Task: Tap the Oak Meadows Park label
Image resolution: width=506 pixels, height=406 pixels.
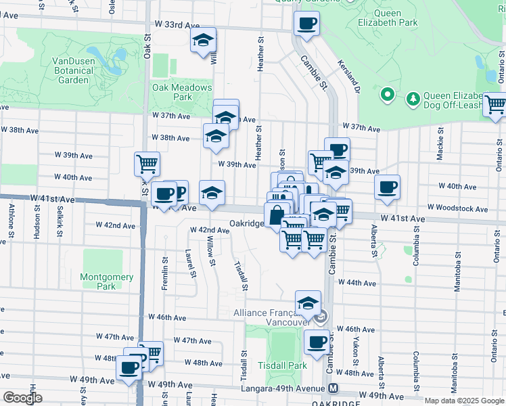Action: click(182, 92)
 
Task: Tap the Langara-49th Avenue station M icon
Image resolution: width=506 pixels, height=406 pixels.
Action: click(333, 388)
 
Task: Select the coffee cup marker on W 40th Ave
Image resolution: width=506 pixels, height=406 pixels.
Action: click(387, 187)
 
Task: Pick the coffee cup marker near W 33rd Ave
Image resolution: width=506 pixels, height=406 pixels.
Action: click(306, 24)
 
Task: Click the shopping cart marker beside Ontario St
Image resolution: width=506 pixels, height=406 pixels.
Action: click(495, 105)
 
